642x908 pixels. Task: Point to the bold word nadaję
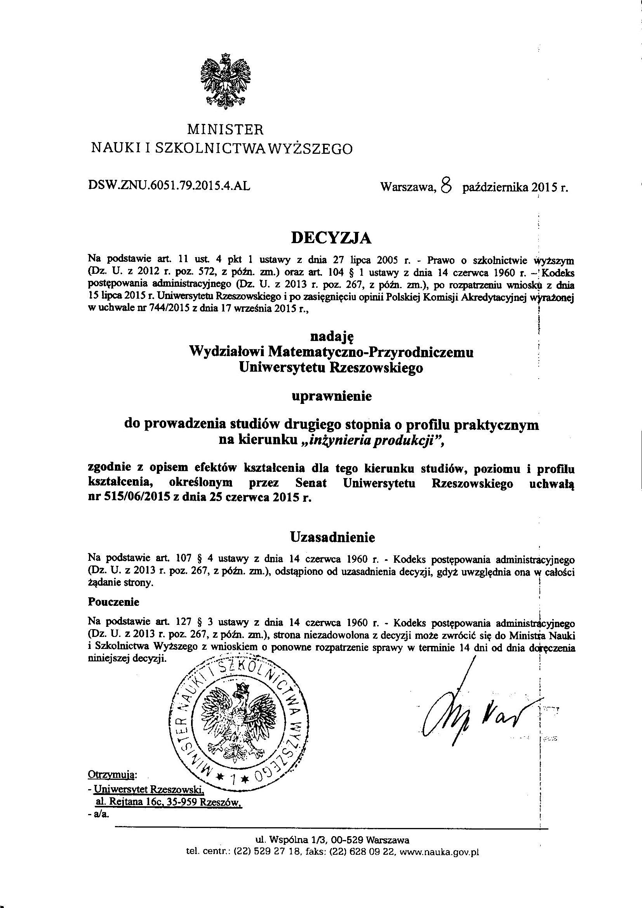331,337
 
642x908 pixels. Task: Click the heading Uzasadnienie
332,537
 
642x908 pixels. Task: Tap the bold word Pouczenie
113,602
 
